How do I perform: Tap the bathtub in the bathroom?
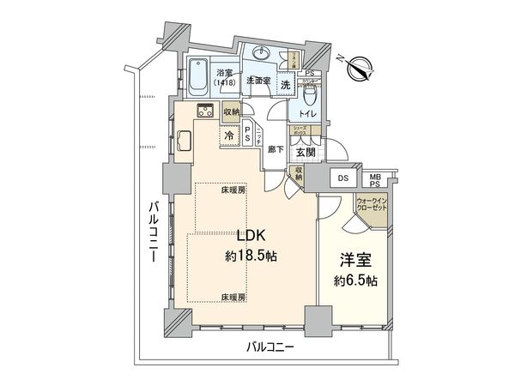(x=199, y=74)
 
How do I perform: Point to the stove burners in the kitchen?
(x=207, y=110)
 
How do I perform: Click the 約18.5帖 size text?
(x=248, y=256)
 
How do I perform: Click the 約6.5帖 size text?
(x=356, y=280)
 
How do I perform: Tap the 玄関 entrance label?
(x=306, y=153)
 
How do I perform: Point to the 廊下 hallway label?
(x=276, y=148)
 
